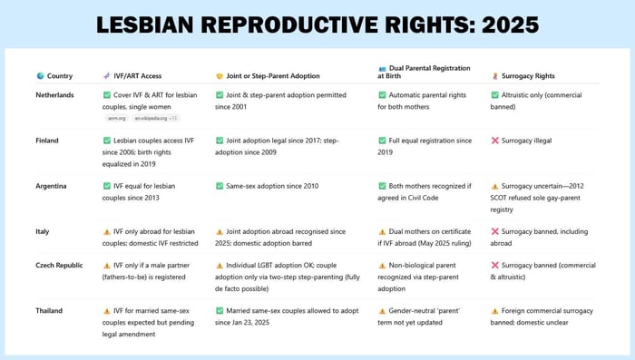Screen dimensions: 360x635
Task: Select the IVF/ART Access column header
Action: [x=136, y=76]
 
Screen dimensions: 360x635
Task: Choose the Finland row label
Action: [x=47, y=141]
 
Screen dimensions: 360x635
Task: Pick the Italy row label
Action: [x=43, y=231]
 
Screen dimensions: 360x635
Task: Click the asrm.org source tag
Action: [x=117, y=118]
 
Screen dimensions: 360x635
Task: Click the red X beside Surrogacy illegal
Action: [x=494, y=141]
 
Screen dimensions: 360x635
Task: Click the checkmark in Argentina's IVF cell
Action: [x=107, y=185]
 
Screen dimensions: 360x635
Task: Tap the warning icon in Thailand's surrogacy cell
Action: [x=494, y=311]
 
